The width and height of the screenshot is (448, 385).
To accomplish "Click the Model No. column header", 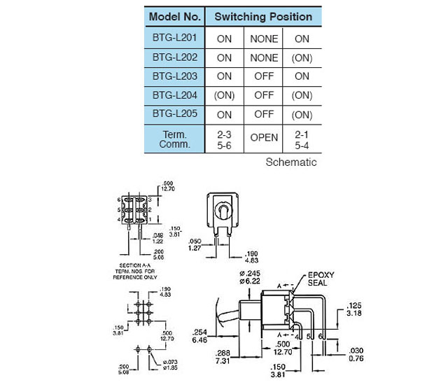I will [x=175, y=15].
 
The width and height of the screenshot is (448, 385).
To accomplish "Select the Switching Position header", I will [x=263, y=15].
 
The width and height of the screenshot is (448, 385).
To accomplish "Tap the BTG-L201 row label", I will [x=175, y=38].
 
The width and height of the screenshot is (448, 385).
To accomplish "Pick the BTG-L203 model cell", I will [x=175, y=76].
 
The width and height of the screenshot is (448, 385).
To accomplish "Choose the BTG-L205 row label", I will [x=175, y=114].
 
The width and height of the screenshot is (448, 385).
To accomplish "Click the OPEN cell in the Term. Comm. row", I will [x=264, y=138].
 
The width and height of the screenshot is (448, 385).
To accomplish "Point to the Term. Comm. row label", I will [x=175, y=139].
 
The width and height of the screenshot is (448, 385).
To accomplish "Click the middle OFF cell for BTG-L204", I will [x=264, y=95].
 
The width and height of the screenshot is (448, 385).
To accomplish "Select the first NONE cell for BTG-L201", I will [x=264, y=38].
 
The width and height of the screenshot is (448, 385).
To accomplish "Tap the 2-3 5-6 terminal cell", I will [x=224, y=139].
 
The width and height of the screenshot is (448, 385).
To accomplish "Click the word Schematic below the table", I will [x=291, y=162].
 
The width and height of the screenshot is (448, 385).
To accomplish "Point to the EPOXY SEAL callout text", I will [x=322, y=280].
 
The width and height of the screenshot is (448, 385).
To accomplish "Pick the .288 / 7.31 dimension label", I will [x=223, y=356].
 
